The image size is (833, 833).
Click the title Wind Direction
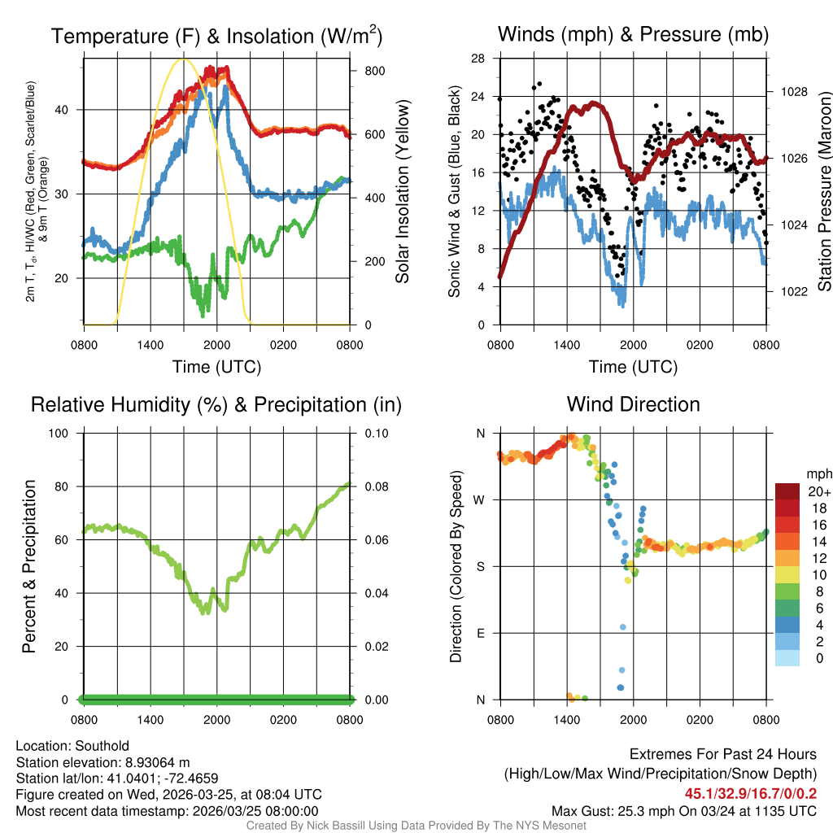(633, 404)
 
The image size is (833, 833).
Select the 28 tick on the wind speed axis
(478, 59)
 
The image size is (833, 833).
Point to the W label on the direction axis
(481, 499)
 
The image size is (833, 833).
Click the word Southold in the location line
(101, 746)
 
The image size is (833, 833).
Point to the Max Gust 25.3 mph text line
(684, 811)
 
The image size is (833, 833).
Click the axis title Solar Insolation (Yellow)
(402, 191)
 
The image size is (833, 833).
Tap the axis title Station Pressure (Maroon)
(823, 191)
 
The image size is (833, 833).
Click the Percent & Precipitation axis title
(28, 566)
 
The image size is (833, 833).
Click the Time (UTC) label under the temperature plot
(216, 367)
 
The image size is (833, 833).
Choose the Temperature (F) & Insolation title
(216, 36)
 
